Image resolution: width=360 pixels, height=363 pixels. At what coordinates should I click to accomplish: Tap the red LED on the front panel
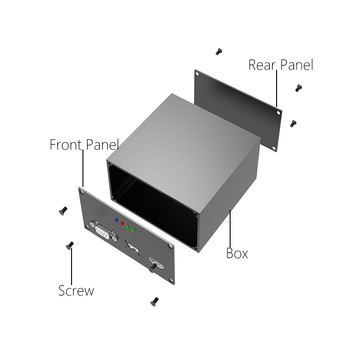click(x=122, y=223)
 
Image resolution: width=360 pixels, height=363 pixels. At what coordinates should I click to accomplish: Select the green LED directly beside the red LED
click(x=128, y=227)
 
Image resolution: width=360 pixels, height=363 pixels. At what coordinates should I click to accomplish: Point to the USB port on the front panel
click(x=133, y=248)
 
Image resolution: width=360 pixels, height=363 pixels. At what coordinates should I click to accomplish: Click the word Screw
click(x=76, y=290)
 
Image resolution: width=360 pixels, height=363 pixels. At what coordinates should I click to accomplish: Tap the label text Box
click(x=237, y=253)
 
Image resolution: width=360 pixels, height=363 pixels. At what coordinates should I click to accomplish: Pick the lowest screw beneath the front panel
click(x=154, y=301)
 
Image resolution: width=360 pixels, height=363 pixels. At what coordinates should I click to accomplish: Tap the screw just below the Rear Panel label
click(x=298, y=88)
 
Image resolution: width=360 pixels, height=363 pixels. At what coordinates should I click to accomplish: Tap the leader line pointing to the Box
click(x=231, y=228)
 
